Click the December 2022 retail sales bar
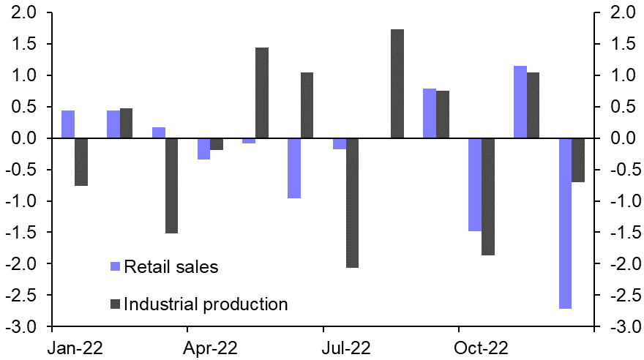(565, 223)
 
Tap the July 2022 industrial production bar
(352, 203)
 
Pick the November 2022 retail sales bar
(520, 102)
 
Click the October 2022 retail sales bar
(475, 184)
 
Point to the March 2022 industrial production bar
(171, 186)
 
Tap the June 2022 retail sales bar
(294, 168)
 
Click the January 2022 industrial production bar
(81, 162)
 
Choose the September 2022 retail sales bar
(430, 113)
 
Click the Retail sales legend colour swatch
(116, 266)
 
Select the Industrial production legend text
(206, 304)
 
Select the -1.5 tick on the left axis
(28, 233)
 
